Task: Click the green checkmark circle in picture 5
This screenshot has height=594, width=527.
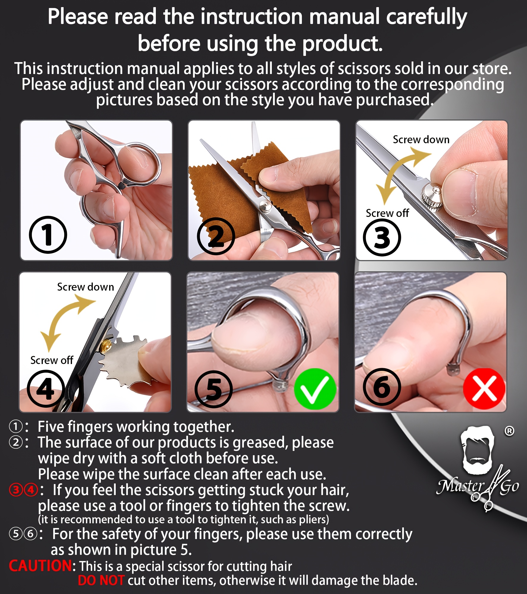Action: [x=315, y=389]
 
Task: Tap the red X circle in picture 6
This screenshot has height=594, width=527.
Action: [x=484, y=388]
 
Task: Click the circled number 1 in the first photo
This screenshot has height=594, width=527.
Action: [x=48, y=235]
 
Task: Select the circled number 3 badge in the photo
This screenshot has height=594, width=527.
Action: [x=382, y=237]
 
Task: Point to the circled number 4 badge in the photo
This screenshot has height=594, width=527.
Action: [x=46, y=389]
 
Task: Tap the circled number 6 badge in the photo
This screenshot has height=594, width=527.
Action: [x=382, y=387]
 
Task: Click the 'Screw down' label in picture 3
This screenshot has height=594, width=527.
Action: [x=421, y=139]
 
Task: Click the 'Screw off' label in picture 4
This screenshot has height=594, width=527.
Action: [x=52, y=360]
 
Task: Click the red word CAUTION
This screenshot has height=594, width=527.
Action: [x=40, y=566]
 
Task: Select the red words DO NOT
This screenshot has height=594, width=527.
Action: [x=101, y=580]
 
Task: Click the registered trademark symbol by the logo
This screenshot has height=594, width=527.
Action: [x=509, y=431]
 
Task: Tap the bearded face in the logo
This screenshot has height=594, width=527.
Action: [x=477, y=449]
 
